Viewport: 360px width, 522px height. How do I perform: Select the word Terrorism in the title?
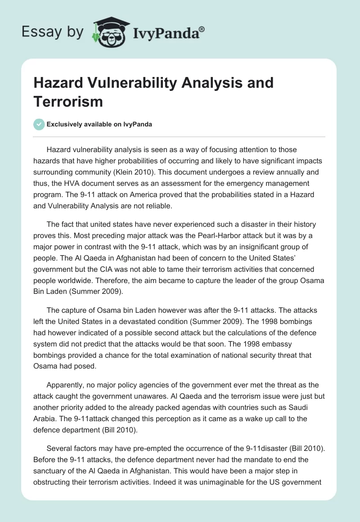coord(68,101)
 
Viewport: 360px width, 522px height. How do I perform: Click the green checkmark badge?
coord(39,124)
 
